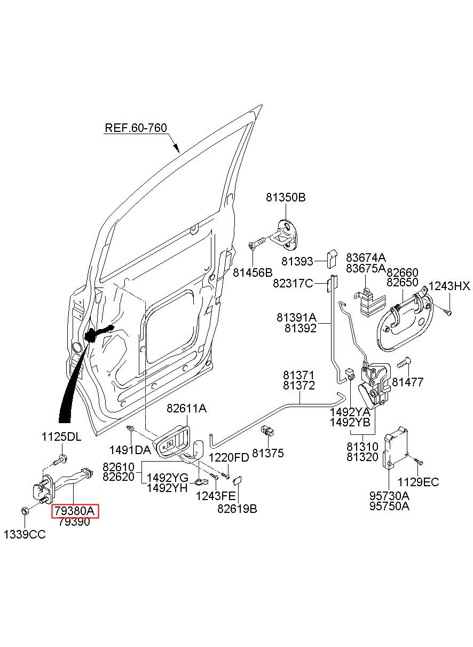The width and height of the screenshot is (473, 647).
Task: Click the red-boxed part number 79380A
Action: (x=75, y=511)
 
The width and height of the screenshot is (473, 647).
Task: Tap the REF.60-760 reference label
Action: (x=136, y=128)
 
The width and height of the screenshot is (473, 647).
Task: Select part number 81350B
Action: (x=286, y=198)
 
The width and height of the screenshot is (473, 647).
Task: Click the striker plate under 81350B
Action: (x=287, y=234)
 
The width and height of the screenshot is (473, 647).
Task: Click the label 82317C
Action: (x=293, y=284)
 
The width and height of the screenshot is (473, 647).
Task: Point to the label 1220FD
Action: (x=229, y=457)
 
